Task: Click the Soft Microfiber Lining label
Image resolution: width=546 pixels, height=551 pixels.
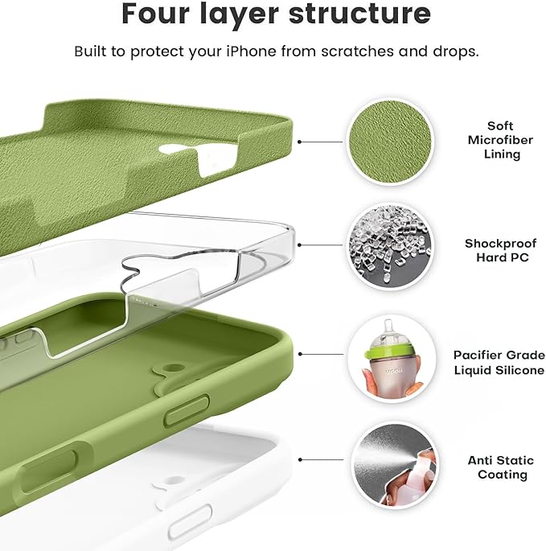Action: coord(499,140)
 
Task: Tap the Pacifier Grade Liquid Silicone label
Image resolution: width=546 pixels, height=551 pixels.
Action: coord(499,361)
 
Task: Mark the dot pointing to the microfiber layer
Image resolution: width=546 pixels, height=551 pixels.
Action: coord(300,141)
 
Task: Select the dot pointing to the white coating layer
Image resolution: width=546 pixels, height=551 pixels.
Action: coord(300,460)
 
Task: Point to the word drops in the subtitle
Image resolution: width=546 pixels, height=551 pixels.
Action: coord(458,51)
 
